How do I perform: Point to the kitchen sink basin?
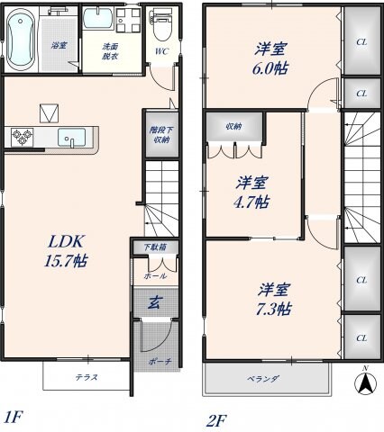pos(71,138)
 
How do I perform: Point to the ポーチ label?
pos(158,361)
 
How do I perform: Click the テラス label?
pos(87,377)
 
